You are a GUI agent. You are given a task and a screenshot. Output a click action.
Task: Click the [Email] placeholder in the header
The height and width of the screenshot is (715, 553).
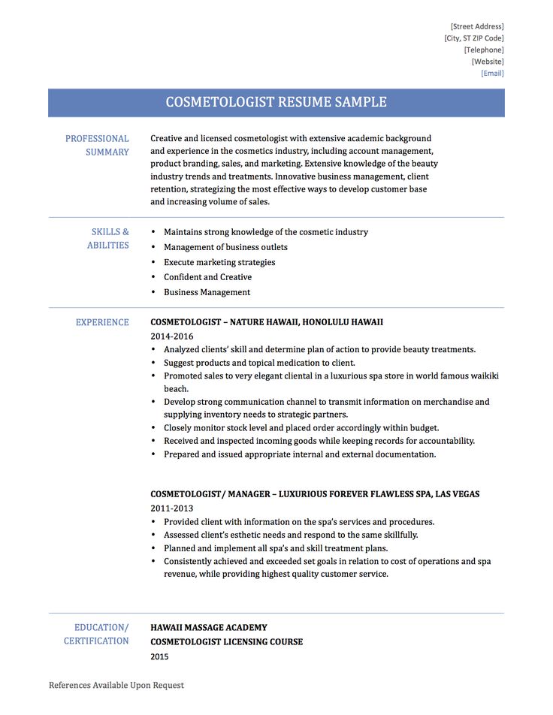click(x=492, y=74)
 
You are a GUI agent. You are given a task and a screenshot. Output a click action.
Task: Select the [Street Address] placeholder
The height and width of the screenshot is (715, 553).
click(x=477, y=26)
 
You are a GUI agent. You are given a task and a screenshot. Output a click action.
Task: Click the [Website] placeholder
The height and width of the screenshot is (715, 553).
click(x=488, y=62)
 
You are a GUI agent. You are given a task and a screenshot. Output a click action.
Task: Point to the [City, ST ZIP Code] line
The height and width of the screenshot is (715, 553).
click(x=474, y=38)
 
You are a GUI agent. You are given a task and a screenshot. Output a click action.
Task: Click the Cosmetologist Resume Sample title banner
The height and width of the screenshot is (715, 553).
click(x=276, y=102)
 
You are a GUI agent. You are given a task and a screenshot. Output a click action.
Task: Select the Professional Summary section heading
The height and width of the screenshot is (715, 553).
click(x=97, y=145)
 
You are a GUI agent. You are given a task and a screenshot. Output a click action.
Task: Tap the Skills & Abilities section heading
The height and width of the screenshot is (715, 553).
click(x=109, y=239)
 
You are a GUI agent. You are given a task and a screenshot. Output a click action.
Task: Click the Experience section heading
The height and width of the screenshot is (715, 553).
click(x=102, y=322)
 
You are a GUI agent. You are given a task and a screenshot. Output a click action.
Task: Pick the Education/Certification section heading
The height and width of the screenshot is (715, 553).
click(x=97, y=634)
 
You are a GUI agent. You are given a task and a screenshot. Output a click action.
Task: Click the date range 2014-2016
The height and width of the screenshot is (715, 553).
click(x=171, y=336)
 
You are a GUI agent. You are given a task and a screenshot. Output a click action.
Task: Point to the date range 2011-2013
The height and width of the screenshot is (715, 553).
click(x=171, y=508)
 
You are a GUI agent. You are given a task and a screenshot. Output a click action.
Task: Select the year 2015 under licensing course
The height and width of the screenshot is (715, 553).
click(x=159, y=656)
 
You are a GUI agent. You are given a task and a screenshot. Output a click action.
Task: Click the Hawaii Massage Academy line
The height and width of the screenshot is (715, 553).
click(x=208, y=628)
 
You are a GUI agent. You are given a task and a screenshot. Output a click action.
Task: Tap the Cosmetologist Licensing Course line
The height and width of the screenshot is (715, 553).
click(x=226, y=642)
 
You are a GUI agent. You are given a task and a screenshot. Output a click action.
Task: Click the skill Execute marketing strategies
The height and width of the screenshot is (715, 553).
click(x=219, y=262)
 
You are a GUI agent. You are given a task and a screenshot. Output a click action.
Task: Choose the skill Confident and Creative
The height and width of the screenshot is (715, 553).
click(x=207, y=277)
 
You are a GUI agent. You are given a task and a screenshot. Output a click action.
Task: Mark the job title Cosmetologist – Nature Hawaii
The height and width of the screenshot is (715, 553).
click(x=266, y=322)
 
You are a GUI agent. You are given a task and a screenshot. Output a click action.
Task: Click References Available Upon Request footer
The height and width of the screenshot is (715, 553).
click(x=116, y=685)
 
